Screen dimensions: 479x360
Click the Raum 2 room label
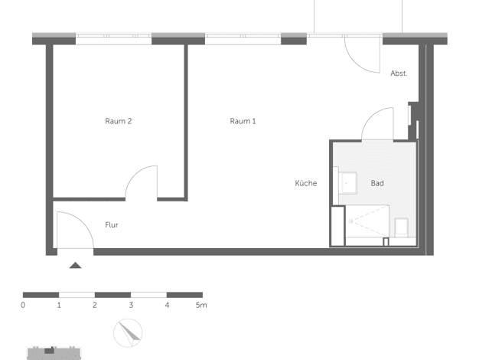tap(119, 121)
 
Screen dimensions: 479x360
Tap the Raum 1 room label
tap(243, 121)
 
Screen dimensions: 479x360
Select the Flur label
tap(112, 225)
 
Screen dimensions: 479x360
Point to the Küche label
tap(306, 183)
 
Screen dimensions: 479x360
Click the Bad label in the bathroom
tap(377, 183)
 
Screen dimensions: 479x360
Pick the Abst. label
tap(399, 74)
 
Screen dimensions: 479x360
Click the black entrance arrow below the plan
tap(75, 265)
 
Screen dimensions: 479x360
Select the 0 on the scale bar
tap(23, 305)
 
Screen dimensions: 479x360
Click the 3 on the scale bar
tap(131, 305)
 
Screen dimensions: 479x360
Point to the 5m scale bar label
tap(201, 305)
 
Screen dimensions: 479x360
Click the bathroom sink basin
tap(347, 183)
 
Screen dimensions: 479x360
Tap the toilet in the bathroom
tap(402, 227)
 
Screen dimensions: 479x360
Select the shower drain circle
tap(350, 221)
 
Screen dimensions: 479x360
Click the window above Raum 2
tap(114, 38)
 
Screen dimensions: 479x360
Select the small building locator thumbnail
tap(54, 353)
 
